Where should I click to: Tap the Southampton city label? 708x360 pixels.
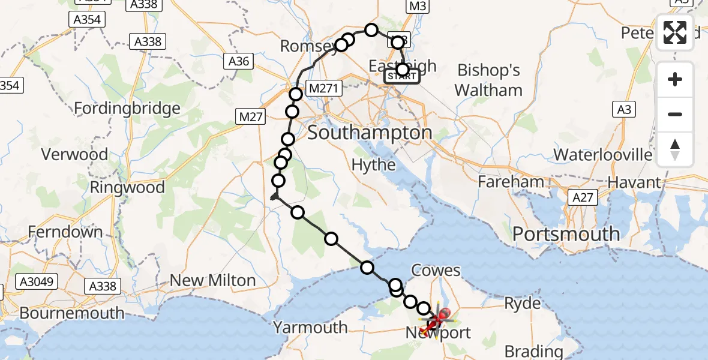point(370,133)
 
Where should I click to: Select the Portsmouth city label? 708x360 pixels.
point(566,234)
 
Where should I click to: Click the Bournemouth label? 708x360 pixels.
point(72,313)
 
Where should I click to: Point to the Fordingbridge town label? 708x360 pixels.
point(127,109)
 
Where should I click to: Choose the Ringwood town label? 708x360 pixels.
point(127,187)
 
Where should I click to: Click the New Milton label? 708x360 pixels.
point(213,280)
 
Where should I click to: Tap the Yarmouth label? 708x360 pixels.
point(310,327)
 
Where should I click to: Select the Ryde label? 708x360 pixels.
point(522,304)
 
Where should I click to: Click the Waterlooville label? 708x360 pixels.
point(602,155)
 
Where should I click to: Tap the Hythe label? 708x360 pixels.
point(374,165)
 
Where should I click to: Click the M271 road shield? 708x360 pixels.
point(324,89)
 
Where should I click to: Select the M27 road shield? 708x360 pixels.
point(250,117)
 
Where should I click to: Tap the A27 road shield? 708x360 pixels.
point(583,197)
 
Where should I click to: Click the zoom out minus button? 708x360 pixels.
point(675,114)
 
